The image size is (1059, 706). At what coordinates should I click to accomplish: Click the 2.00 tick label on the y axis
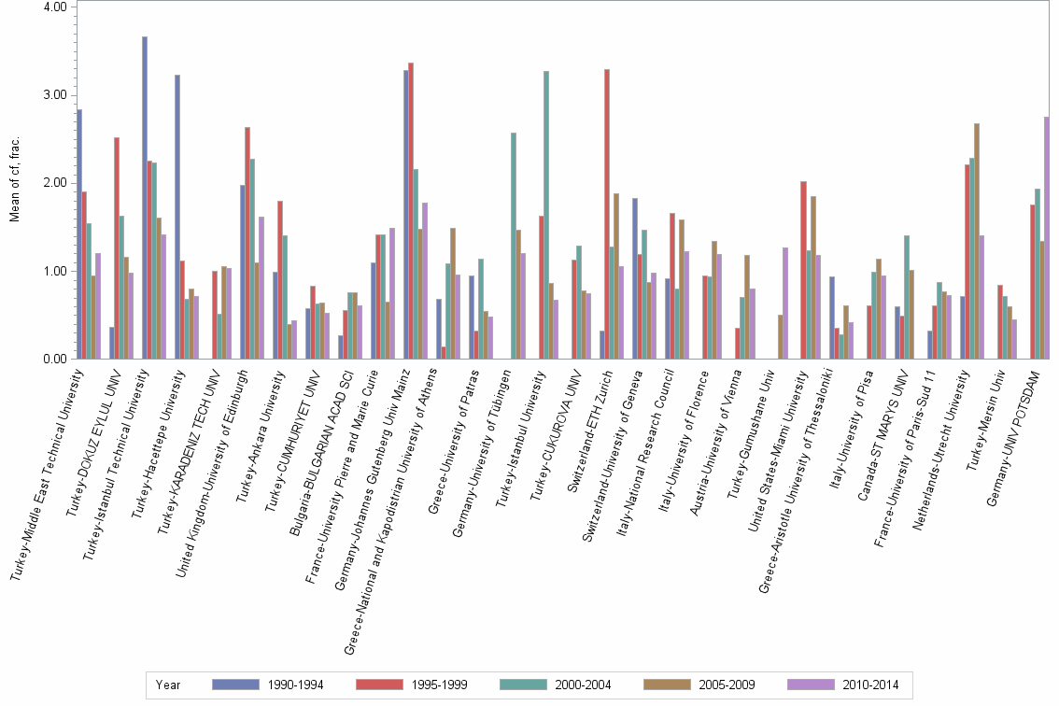pyautogui.click(x=55, y=183)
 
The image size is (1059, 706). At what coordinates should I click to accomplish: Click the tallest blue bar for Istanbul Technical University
pyautogui.click(x=145, y=198)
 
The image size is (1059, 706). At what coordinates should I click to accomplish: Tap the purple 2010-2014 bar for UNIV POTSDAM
pyautogui.click(x=1047, y=238)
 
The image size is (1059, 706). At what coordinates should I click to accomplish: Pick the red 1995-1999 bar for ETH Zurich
pyautogui.click(x=607, y=214)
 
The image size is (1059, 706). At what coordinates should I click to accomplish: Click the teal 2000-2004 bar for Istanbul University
pyautogui.click(x=546, y=215)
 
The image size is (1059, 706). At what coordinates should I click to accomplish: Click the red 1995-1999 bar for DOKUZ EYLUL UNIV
pyautogui.click(x=117, y=248)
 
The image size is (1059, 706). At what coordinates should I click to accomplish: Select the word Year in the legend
pyautogui.click(x=169, y=685)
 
